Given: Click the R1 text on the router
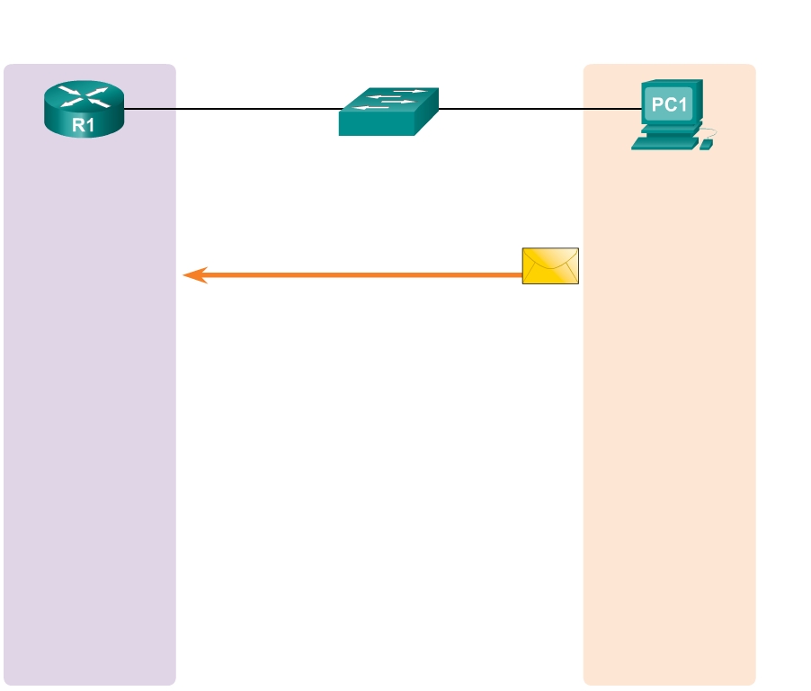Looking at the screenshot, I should (84, 126).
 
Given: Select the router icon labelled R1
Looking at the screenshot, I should (84, 109).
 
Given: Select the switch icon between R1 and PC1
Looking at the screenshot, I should (388, 112).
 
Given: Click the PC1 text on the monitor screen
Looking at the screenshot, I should (670, 105).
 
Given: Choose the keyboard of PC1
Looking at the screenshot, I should (663, 144).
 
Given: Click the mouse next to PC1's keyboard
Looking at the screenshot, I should (706, 145).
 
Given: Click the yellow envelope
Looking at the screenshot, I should (550, 265).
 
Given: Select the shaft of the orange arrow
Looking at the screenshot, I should (360, 274).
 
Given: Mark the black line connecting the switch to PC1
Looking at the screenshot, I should (539, 110).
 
